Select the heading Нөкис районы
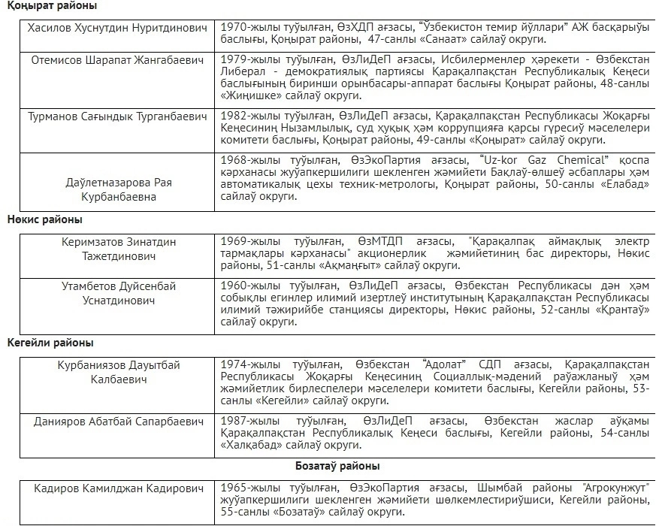[x=44, y=220]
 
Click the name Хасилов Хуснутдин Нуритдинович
[x=117, y=28]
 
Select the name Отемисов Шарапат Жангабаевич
[x=117, y=59]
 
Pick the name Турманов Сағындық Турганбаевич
[x=117, y=116]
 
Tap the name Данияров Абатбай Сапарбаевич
[x=117, y=422]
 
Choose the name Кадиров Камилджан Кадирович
[x=117, y=489]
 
